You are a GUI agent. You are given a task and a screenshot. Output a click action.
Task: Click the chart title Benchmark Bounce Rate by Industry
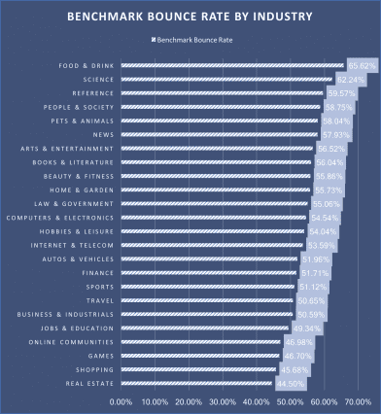point(190,17)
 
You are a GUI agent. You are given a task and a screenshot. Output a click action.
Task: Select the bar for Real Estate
point(195,384)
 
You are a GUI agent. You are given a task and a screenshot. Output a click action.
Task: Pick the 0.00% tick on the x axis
point(121,400)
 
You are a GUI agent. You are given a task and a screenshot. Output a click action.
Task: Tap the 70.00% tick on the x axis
point(356,400)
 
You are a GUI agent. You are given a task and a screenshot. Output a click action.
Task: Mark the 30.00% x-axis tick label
point(222,400)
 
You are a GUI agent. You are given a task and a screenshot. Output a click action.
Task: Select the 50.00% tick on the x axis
point(289,400)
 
